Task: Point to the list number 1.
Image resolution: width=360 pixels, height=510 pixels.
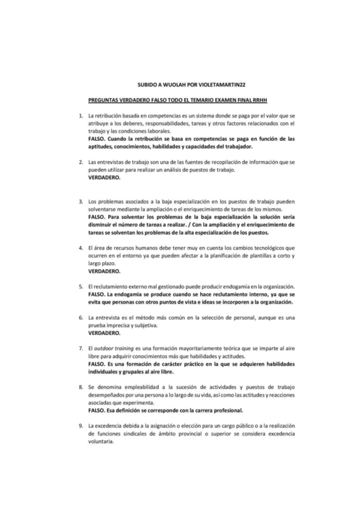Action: click(x=81, y=115)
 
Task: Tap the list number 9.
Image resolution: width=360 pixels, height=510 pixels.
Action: click(x=81, y=426)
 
